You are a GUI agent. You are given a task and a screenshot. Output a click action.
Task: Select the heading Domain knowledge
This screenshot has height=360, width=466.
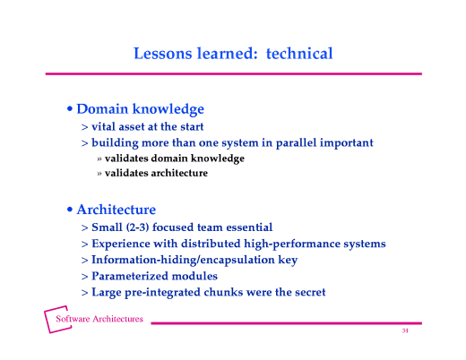click(x=140, y=109)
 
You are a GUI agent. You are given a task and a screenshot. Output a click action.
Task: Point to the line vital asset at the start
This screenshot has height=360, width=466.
click(x=147, y=127)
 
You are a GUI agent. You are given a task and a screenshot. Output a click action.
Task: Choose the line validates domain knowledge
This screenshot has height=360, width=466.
click(x=174, y=159)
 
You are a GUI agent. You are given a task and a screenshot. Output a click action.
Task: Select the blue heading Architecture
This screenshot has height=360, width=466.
click(x=116, y=210)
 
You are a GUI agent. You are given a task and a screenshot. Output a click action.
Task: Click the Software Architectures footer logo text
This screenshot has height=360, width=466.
click(x=99, y=320)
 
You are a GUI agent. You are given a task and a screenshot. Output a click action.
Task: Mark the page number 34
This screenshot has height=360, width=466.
click(x=405, y=331)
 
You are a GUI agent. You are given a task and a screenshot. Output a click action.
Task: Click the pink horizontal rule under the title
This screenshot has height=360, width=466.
click(x=233, y=73)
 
